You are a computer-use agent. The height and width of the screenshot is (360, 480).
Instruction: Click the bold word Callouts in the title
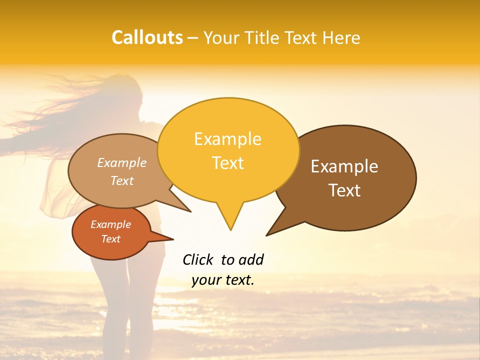coord(147,37)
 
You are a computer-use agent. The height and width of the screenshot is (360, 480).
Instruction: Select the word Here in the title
coord(340,37)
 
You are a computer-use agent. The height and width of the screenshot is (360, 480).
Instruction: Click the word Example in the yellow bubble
coord(227,139)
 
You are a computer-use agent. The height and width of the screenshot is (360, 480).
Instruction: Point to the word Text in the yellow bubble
coord(227,162)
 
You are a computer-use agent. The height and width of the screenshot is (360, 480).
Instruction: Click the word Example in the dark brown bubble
coord(344,166)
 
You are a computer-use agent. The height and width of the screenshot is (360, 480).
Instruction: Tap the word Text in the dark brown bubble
coord(344,190)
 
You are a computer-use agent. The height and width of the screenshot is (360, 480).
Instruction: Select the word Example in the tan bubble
coord(122,162)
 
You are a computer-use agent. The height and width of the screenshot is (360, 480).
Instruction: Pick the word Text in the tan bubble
coord(122,180)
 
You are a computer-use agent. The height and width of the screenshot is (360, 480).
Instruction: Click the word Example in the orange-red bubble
coord(110,224)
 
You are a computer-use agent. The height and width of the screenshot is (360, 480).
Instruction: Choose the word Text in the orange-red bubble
coord(110,239)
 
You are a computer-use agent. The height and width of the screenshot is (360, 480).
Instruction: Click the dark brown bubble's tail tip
coord(267,234)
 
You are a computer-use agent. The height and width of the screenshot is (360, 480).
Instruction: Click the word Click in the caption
coord(197,259)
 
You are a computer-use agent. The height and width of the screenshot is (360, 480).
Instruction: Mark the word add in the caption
coord(251,259)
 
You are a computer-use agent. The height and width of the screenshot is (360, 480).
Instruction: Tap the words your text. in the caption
coord(223,280)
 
